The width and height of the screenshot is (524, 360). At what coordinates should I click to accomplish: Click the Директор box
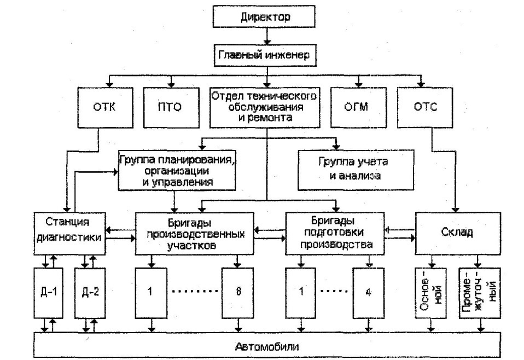pyautogui.click(x=265, y=17)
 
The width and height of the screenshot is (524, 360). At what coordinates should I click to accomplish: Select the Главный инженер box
pyautogui.click(x=265, y=54)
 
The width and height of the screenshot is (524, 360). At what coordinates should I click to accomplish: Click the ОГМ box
pyautogui.click(x=358, y=107)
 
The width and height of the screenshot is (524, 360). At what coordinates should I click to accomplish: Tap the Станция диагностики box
pyautogui.click(x=69, y=231)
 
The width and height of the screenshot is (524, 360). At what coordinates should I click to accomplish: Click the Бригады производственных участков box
pyautogui.click(x=195, y=232)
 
